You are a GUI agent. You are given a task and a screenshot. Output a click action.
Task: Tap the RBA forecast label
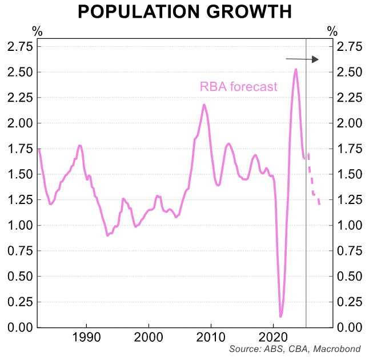[238, 87]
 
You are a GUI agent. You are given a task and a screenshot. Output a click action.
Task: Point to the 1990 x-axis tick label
[87, 337]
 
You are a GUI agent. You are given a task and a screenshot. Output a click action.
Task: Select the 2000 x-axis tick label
[149, 337]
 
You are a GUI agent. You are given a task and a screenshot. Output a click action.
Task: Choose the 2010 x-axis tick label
[211, 337]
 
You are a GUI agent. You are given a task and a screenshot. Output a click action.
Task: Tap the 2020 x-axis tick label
[274, 337]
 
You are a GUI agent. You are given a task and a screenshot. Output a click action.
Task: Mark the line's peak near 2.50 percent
[295, 69]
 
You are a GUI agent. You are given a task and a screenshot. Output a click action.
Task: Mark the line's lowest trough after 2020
[280, 316]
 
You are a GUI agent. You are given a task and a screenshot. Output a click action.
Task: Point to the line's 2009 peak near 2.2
[204, 105]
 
